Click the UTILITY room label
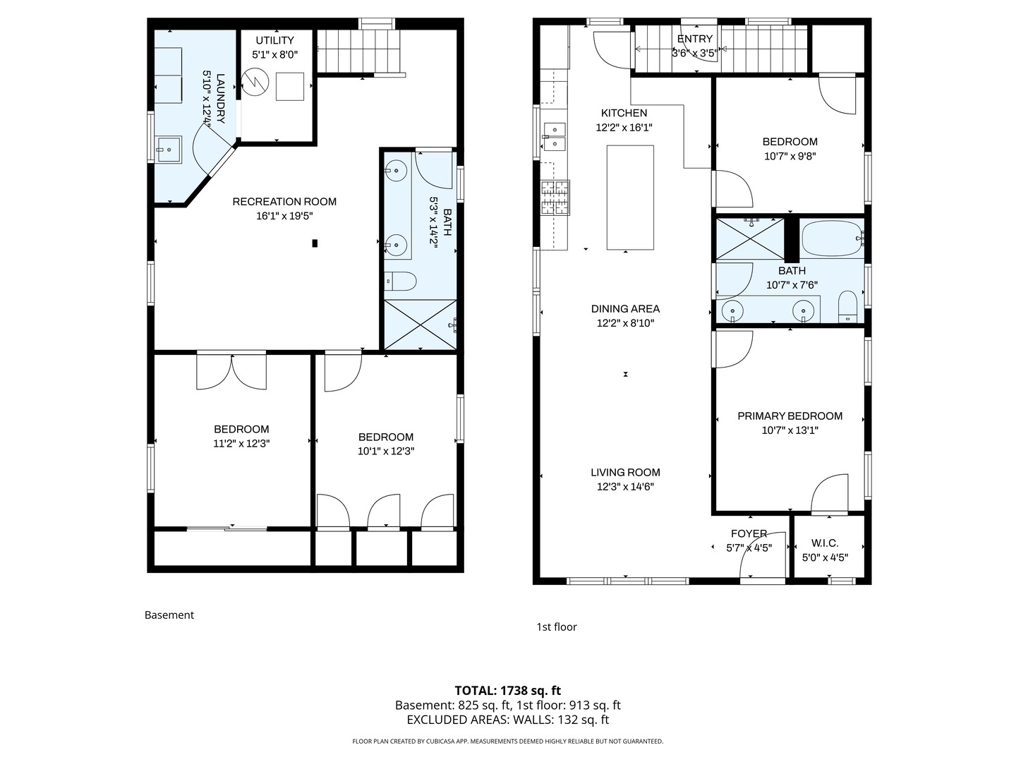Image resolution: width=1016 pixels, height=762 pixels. [274, 41]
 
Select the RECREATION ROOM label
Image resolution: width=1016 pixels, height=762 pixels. [284, 202]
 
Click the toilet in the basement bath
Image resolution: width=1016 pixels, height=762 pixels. [401, 282]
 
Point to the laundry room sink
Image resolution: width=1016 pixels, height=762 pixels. [169, 150]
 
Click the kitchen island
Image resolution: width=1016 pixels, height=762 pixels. [630, 198]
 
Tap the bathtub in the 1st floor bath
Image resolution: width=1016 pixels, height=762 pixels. [833, 238]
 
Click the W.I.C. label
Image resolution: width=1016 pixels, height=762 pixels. [825, 543]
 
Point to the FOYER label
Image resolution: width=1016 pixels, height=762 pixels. [749, 534]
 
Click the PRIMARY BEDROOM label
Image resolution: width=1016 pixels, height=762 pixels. [790, 416]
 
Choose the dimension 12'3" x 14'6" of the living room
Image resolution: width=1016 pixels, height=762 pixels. [625, 487]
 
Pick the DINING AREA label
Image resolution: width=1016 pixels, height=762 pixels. [625, 309]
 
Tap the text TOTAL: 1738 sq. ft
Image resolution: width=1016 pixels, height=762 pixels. [507, 691]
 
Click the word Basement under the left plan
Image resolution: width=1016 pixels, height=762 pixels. [169, 615]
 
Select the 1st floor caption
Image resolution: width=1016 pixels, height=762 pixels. [557, 627]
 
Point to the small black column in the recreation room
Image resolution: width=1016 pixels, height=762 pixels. [315, 243]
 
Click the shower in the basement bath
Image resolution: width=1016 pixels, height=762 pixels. [419, 325]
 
